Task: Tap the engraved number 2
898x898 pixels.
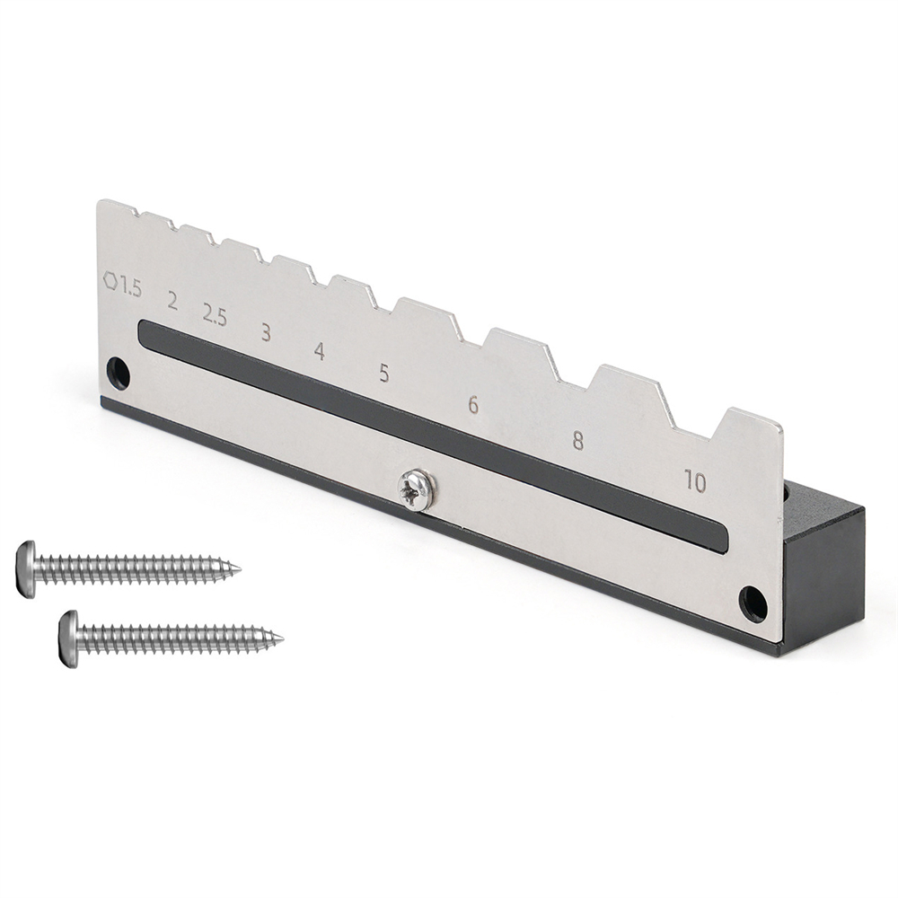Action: pos(172,301)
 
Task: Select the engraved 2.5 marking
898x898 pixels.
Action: pos(215,315)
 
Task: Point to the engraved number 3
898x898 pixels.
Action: pos(266,332)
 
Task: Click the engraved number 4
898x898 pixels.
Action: pos(320,351)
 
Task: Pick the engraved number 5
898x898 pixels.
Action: pos(383,374)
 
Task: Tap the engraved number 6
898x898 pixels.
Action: pos(473,405)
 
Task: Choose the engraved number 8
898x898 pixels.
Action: pos(577,441)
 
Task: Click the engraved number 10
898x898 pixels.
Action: pos(695,482)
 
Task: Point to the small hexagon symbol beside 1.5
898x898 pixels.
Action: pos(110,280)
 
